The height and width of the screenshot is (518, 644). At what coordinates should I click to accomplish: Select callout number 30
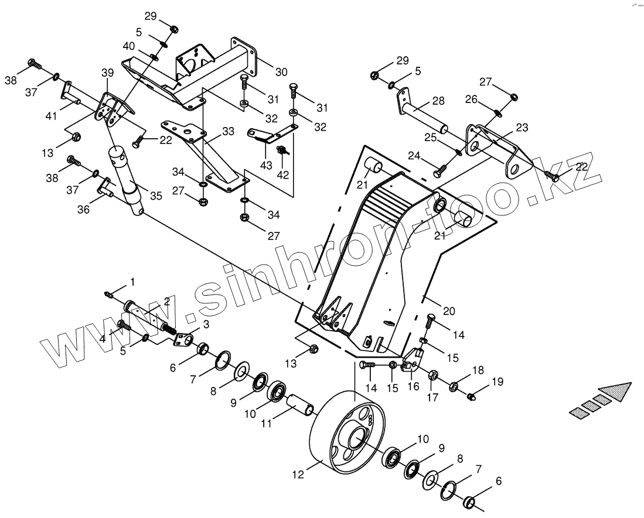point(281,72)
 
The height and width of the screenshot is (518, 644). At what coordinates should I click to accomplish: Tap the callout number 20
point(448,311)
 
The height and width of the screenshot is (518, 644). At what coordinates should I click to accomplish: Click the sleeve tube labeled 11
point(299,404)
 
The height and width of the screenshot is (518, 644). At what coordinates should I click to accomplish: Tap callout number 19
point(498,382)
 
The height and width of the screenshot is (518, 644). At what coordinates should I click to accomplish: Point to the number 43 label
point(267,166)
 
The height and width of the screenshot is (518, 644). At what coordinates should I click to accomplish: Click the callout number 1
point(132,282)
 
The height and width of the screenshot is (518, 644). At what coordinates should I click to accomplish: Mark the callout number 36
point(84,209)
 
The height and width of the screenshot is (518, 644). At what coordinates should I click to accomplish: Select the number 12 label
point(298,475)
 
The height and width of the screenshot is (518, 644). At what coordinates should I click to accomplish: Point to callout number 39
point(107,72)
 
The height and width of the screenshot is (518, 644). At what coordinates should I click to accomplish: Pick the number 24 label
point(414,156)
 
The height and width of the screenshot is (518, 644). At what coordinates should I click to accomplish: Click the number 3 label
point(206,324)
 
